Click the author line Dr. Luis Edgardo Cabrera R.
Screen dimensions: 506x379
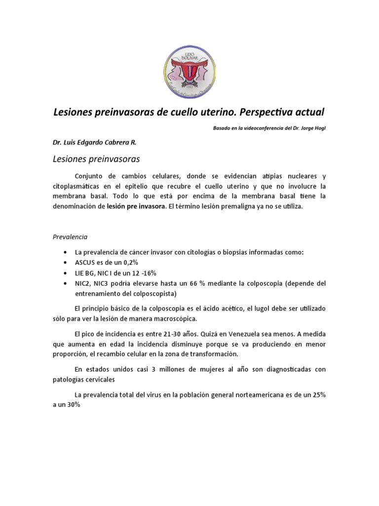click(94, 142)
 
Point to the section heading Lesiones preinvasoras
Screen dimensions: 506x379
click(96, 159)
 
